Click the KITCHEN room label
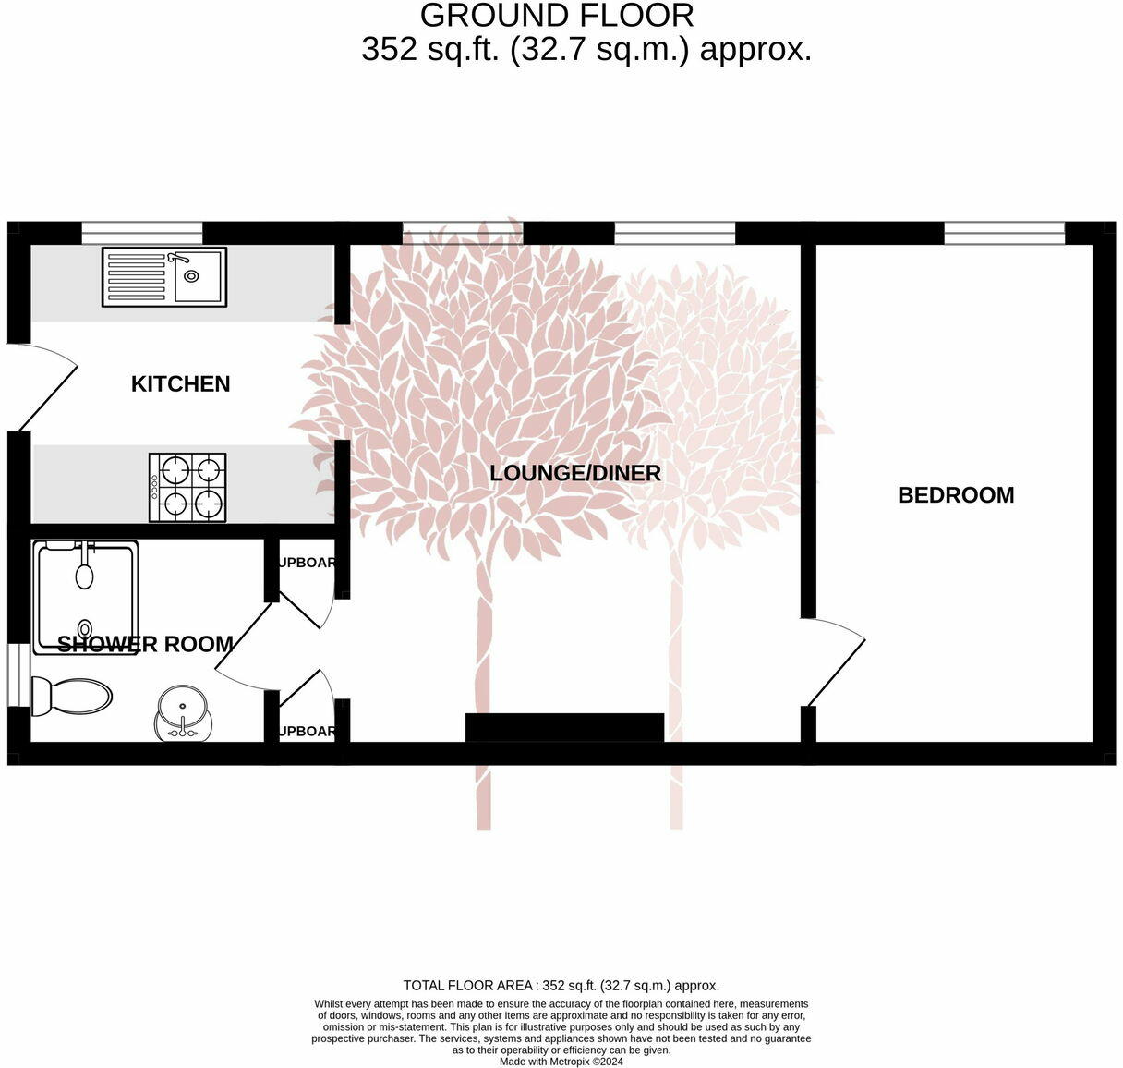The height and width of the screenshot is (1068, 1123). pyautogui.click(x=180, y=384)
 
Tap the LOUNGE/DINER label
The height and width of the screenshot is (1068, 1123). pyautogui.click(x=574, y=473)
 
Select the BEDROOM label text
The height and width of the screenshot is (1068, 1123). pyautogui.click(x=956, y=495)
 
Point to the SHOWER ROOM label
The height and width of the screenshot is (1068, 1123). pyautogui.click(x=145, y=644)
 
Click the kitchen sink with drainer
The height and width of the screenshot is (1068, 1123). pyautogui.click(x=163, y=276)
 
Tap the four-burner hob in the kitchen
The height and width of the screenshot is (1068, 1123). pyautogui.click(x=187, y=487)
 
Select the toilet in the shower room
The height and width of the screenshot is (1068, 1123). pyautogui.click(x=70, y=696)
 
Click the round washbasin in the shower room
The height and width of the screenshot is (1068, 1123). pyautogui.click(x=182, y=712)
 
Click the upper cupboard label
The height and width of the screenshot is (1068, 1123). pyautogui.click(x=307, y=563)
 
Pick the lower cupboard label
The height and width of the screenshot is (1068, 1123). pyautogui.click(x=307, y=731)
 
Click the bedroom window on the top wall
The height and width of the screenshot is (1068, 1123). pyautogui.click(x=1004, y=233)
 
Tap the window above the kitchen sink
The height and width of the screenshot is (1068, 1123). pyautogui.click(x=142, y=233)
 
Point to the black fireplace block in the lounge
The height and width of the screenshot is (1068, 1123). pyautogui.click(x=564, y=727)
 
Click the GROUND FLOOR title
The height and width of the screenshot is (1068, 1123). pyautogui.click(x=557, y=16)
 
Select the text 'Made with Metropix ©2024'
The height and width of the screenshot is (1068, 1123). pyautogui.click(x=561, y=1062)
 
